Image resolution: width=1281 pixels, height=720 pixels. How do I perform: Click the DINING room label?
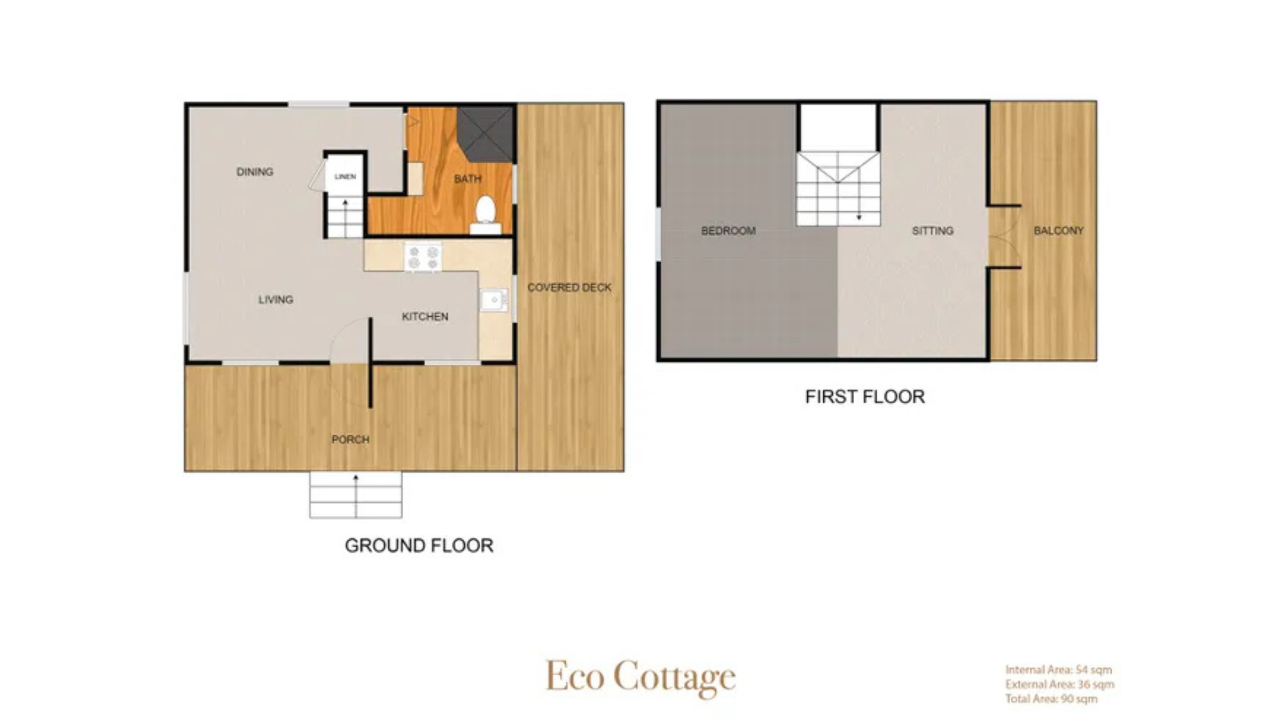tap(255, 172)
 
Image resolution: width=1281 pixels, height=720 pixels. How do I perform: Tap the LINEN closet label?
tap(345, 177)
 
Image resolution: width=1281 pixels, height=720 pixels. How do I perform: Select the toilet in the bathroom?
tap(485, 215)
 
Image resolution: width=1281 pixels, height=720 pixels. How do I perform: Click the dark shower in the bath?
tap(485, 133)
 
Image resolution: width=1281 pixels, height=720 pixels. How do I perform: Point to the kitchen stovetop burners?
tap(423, 257)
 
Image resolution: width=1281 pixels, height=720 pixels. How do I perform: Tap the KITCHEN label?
tap(425, 317)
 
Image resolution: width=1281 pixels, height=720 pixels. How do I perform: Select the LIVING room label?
tap(276, 300)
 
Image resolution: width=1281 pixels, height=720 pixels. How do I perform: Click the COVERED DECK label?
tap(569, 288)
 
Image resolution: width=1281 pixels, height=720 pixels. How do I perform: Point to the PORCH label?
tap(350, 439)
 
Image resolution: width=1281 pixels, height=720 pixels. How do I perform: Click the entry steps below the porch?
tap(356, 495)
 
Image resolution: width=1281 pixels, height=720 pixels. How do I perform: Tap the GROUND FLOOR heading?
tap(419, 545)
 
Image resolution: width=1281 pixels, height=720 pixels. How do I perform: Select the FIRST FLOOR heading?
tap(865, 397)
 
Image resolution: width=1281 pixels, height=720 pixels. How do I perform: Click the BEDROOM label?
tap(729, 231)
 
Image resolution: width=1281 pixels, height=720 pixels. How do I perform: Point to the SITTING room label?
tap(933, 231)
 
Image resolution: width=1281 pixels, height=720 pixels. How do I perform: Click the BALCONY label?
tap(1059, 231)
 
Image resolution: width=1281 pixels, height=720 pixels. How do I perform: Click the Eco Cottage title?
tap(640, 677)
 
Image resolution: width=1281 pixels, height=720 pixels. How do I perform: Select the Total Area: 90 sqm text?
tap(1051, 699)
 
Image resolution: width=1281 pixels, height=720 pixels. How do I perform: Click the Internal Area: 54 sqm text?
tap(1059, 669)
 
